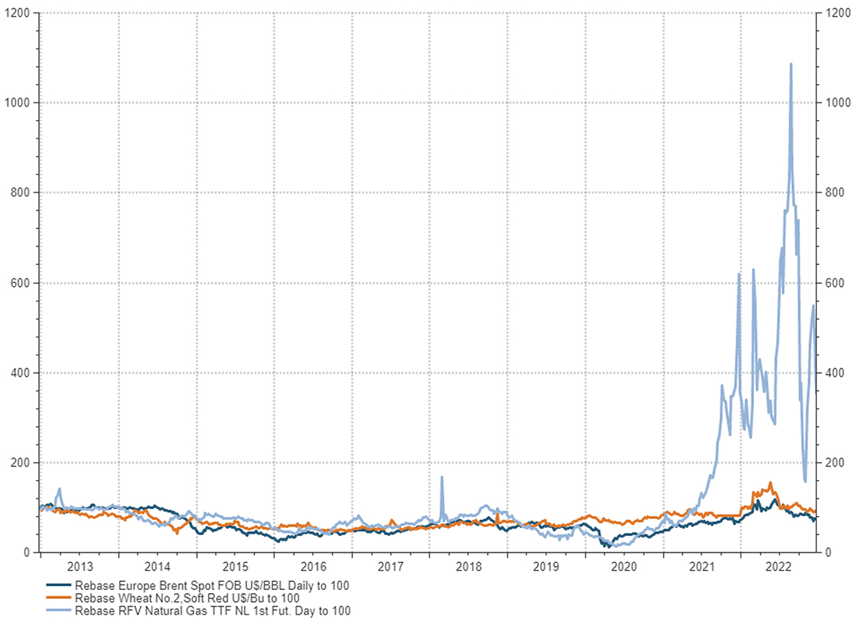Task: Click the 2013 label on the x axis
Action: (79, 566)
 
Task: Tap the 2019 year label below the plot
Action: (547, 566)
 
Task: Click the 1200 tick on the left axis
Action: (18, 13)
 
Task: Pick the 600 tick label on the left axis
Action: (21, 283)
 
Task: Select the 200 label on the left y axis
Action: (21, 463)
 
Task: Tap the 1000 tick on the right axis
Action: (838, 103)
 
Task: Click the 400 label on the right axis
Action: (836, 373)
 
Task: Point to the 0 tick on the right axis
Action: (829, 553)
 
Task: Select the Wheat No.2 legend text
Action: (187, 597)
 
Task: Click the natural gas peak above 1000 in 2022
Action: (790, 64)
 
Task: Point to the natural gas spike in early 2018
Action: (442, 477)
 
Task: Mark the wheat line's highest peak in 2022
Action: (770, 483)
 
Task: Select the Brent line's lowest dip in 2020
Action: (608, 546)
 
